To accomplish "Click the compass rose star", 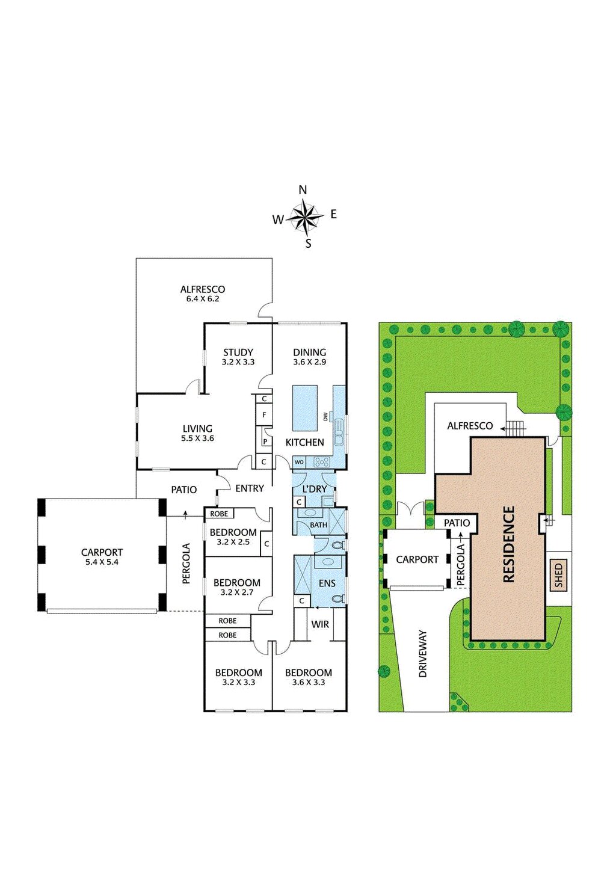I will pyautogui.click(x=305, y=217).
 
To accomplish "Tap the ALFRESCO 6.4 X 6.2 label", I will pyautogui.click(x=203, y=294).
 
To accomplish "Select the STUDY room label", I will pyautogui.click(x=238, y=352).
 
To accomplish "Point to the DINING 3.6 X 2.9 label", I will pyautogui.click(x=310, y=357).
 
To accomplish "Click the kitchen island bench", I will pyautogui.click(x=305, y=408).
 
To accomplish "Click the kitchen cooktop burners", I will pyautogui.click(x=321, y=462).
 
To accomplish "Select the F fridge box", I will pyautogui.click(x=264, y=415).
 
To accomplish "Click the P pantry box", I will pyautogui.click(x=265, y=441).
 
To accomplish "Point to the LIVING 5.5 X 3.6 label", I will pyautogui.click(x=197, y=433).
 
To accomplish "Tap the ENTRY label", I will pyautogui.click(x=250, y=488).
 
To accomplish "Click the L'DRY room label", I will pyautogui.click(x=314, y=489).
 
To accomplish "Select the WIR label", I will pyautogui.click(x=320, y=624).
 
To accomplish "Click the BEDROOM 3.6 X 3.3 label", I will pyautogui.click(x=309, y=677).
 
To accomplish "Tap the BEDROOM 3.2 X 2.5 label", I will pyautogui.click(x=233, y=537).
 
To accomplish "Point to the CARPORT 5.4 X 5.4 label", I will pyautogui.click(x=102, y=556).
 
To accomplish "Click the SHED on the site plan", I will pyautogui.click(x=558, y=576).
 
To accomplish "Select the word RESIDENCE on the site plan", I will pyautogui.click(x=509, y=544).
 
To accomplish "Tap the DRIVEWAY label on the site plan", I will pyautogui.click(x=423, y=654).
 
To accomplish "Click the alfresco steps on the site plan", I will pyautogui.click(x=515, y=428).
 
